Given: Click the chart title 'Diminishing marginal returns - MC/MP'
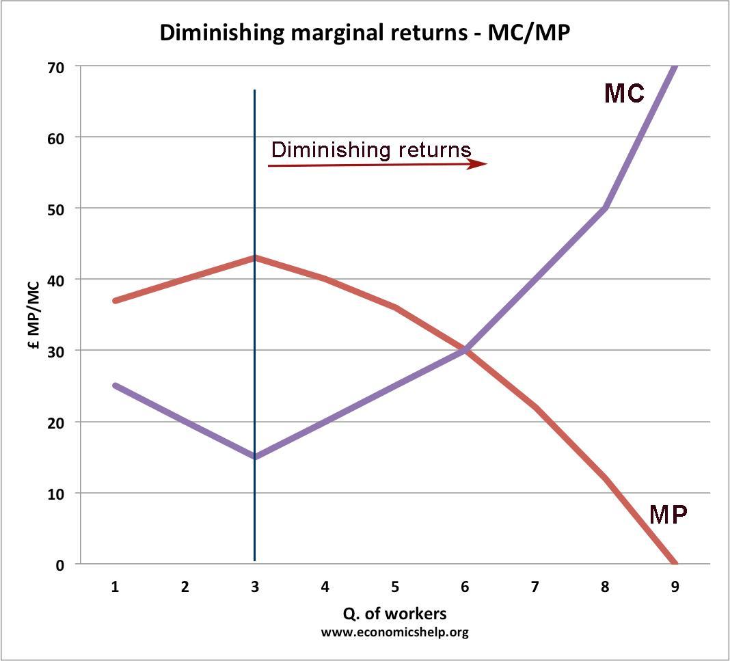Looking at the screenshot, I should pos(364,32).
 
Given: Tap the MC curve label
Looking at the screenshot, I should pos(624,93).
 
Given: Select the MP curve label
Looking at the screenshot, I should pos(668,513).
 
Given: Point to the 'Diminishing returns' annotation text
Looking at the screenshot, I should pos(371,150).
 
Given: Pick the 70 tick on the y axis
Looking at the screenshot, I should pos(55,66).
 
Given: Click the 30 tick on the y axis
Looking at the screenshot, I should pos(55,351).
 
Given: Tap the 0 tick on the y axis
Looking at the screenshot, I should pos(59,565).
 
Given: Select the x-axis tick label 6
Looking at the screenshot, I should pos(465,586).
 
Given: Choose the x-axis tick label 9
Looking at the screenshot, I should pos(675,586).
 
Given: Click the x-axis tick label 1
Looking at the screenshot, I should pos(115,586).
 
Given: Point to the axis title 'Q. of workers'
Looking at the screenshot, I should pos(395,612).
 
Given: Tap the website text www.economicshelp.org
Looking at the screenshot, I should pos(395,632).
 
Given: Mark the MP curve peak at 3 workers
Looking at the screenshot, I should pos(255,258).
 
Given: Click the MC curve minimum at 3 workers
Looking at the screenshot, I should pos(255,457).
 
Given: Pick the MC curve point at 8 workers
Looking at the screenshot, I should pos(605,208).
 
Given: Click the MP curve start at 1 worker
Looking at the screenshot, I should pos(115,301).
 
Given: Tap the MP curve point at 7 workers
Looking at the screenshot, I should pos(535,407).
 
